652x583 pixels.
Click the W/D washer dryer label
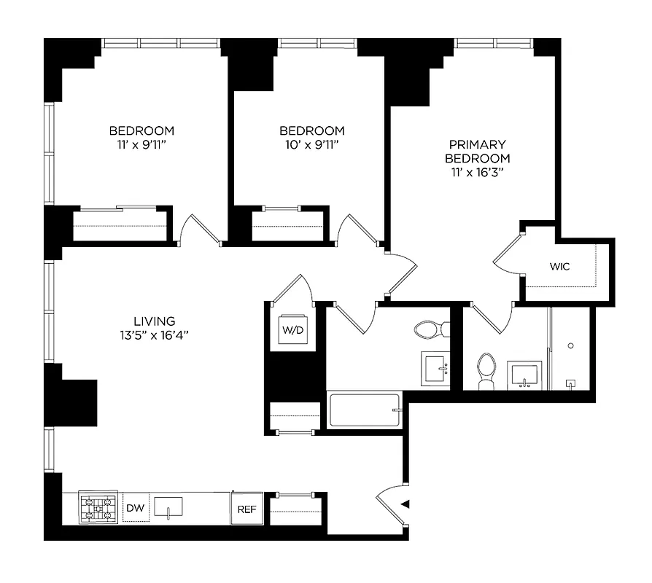(x=291, y=329)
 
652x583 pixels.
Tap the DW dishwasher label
(x=134, y=508)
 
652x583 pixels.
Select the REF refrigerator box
(x=246, y=509)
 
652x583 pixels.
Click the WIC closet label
(x=560, y=267)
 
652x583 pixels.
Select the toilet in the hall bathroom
(x=431, y=329)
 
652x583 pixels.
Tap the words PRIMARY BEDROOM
(x=477, y=152)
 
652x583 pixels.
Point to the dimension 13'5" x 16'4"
(x=154, y=335)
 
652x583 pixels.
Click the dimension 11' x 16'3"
(x=477, y=173)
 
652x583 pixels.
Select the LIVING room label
(x=154, y=321)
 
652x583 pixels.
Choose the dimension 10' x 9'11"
(x=312, y=145)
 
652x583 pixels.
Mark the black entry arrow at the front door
(x=405, y=503)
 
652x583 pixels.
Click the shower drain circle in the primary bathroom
(x=571, y=345)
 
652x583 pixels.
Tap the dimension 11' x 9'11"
(x=141, y=145)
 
